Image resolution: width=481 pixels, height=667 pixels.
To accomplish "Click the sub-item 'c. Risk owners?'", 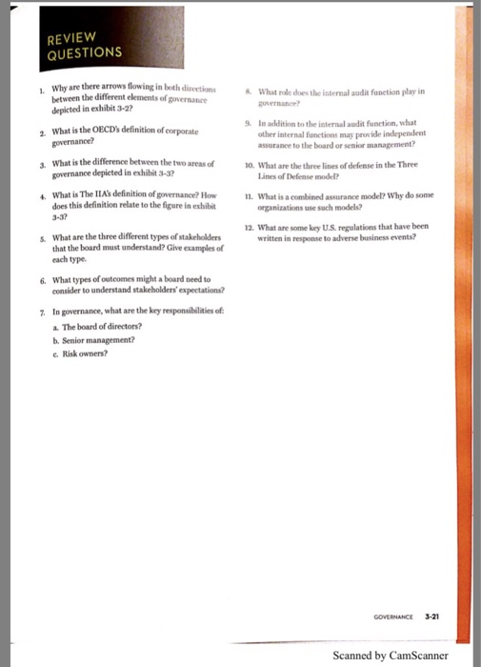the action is [x=83, y=352].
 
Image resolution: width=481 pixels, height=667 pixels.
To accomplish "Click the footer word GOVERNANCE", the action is [x=394, y=616].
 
